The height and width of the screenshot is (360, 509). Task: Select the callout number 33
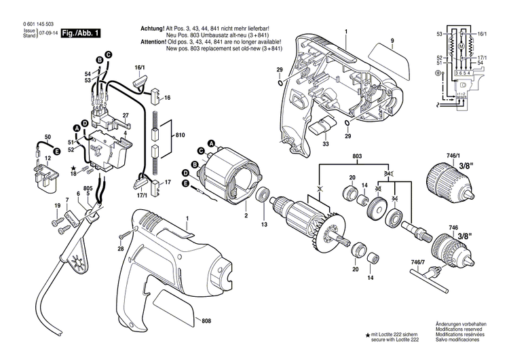point(325,145)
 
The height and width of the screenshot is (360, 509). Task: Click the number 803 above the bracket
point(359,158)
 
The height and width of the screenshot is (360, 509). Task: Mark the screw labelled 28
point(126,235)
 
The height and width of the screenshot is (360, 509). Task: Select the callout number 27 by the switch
point(126,115)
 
